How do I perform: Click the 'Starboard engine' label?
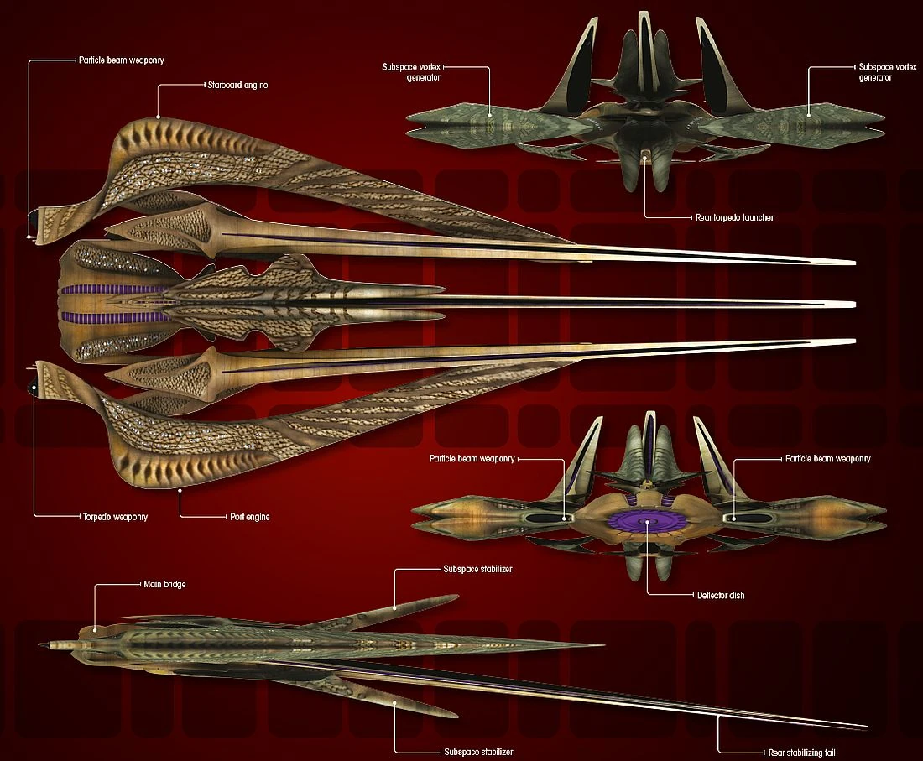tap(237, 86)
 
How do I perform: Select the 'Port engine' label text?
tap(250, 517)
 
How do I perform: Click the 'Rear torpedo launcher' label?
tap(734, 217)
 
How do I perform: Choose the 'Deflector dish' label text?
tap(721, 595)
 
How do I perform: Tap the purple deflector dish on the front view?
tap(646, 522)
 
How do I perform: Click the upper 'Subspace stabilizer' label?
tap(477, 569)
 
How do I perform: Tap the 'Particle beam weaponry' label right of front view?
tap(827, 459)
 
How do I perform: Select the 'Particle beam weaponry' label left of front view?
tap(472, 459)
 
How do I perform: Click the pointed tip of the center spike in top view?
tap(854, 304)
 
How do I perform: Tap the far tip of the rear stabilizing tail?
tap(867, 727)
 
